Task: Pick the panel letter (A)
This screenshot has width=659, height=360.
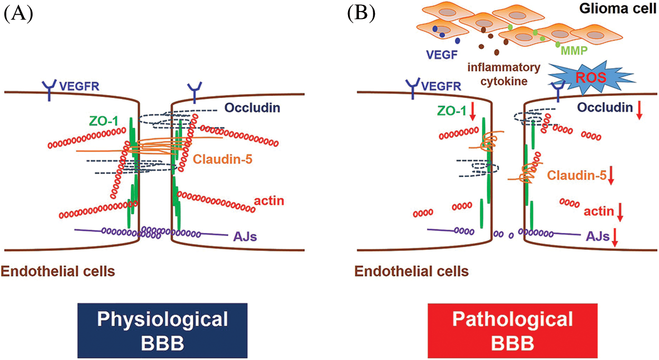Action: [18, 14]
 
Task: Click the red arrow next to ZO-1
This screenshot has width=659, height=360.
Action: [473, 111]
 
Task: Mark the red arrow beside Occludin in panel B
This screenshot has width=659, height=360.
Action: [639, 109]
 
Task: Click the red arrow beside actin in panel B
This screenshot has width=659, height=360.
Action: [620, 212]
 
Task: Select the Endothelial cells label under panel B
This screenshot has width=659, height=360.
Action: [411, 272]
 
